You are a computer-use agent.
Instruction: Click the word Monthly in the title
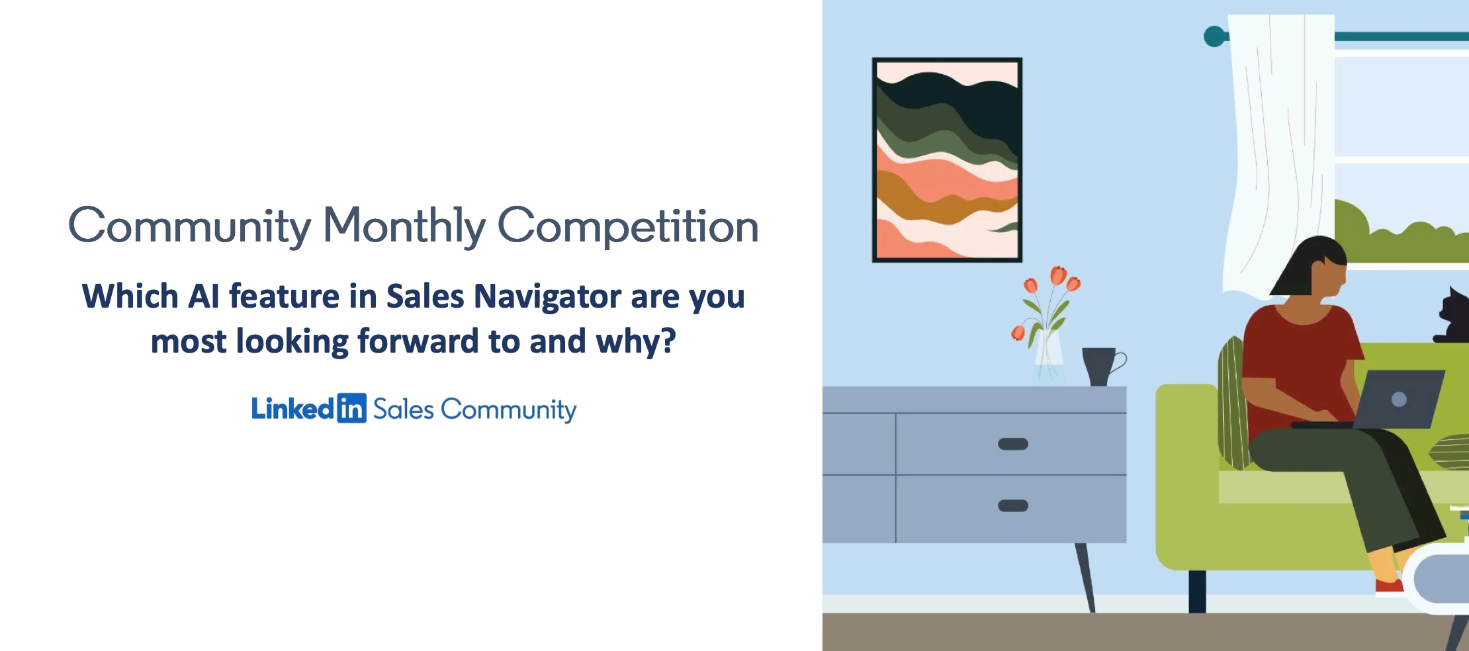[404, 226]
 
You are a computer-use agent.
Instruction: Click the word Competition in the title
[627, 226]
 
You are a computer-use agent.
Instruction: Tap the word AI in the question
[203, 296]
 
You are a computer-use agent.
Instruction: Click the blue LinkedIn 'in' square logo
[351, 408]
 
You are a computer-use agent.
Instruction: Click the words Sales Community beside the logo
[474, 410]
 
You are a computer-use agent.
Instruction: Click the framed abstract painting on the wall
[947, 159]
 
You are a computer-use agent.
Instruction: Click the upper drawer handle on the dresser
[1012, 444]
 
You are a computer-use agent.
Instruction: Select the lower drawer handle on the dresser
[1012, 505]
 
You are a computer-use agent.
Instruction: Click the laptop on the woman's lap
[1396, 399]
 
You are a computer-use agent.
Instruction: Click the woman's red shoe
[1388, 586]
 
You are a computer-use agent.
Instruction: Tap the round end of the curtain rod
[1214, 36]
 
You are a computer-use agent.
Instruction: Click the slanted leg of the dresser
[1085, 576]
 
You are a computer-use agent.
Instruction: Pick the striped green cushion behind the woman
[1232, 404]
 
